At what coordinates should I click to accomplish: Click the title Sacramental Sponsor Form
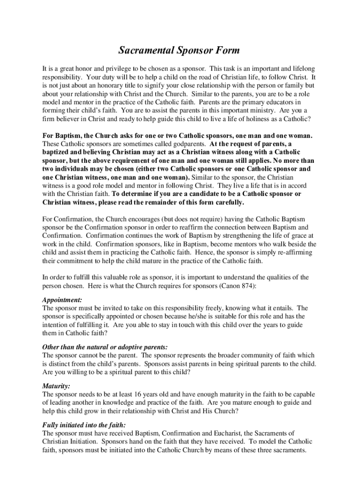coord(180,50)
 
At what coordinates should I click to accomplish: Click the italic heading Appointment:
coord(62,300)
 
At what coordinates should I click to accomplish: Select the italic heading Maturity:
coord(56,386)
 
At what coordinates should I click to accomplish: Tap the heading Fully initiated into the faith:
coord(84,425)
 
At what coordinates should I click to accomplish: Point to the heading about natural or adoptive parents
coord(105,347)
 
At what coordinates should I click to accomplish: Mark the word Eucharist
coord(217,434)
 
